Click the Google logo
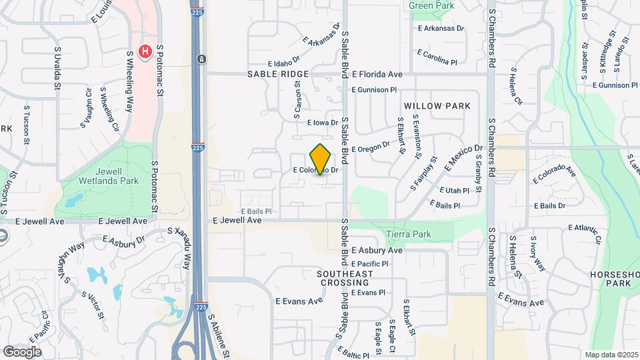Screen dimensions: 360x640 pos(22,351)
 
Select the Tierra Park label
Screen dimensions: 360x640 pos(409,234)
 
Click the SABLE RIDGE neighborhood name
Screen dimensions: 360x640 pos(278,74)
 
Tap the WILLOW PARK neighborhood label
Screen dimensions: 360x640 pos(437,106)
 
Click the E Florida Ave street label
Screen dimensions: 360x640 pos(377,75)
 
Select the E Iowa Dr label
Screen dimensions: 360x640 pos(323,123)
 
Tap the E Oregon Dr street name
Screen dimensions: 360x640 pos(370,147)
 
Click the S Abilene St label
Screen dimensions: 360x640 pos(219,335)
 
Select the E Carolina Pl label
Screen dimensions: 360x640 pos(437,57)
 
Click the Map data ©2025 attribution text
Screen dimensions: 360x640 pos(610,355)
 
